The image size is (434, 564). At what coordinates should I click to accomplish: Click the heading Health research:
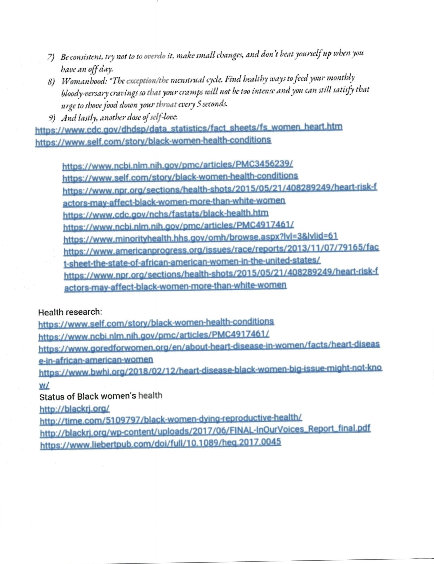70,312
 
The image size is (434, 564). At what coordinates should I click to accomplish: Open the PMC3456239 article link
177,165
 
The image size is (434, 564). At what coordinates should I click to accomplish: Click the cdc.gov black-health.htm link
166,214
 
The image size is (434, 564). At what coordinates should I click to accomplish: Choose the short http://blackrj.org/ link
75,409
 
